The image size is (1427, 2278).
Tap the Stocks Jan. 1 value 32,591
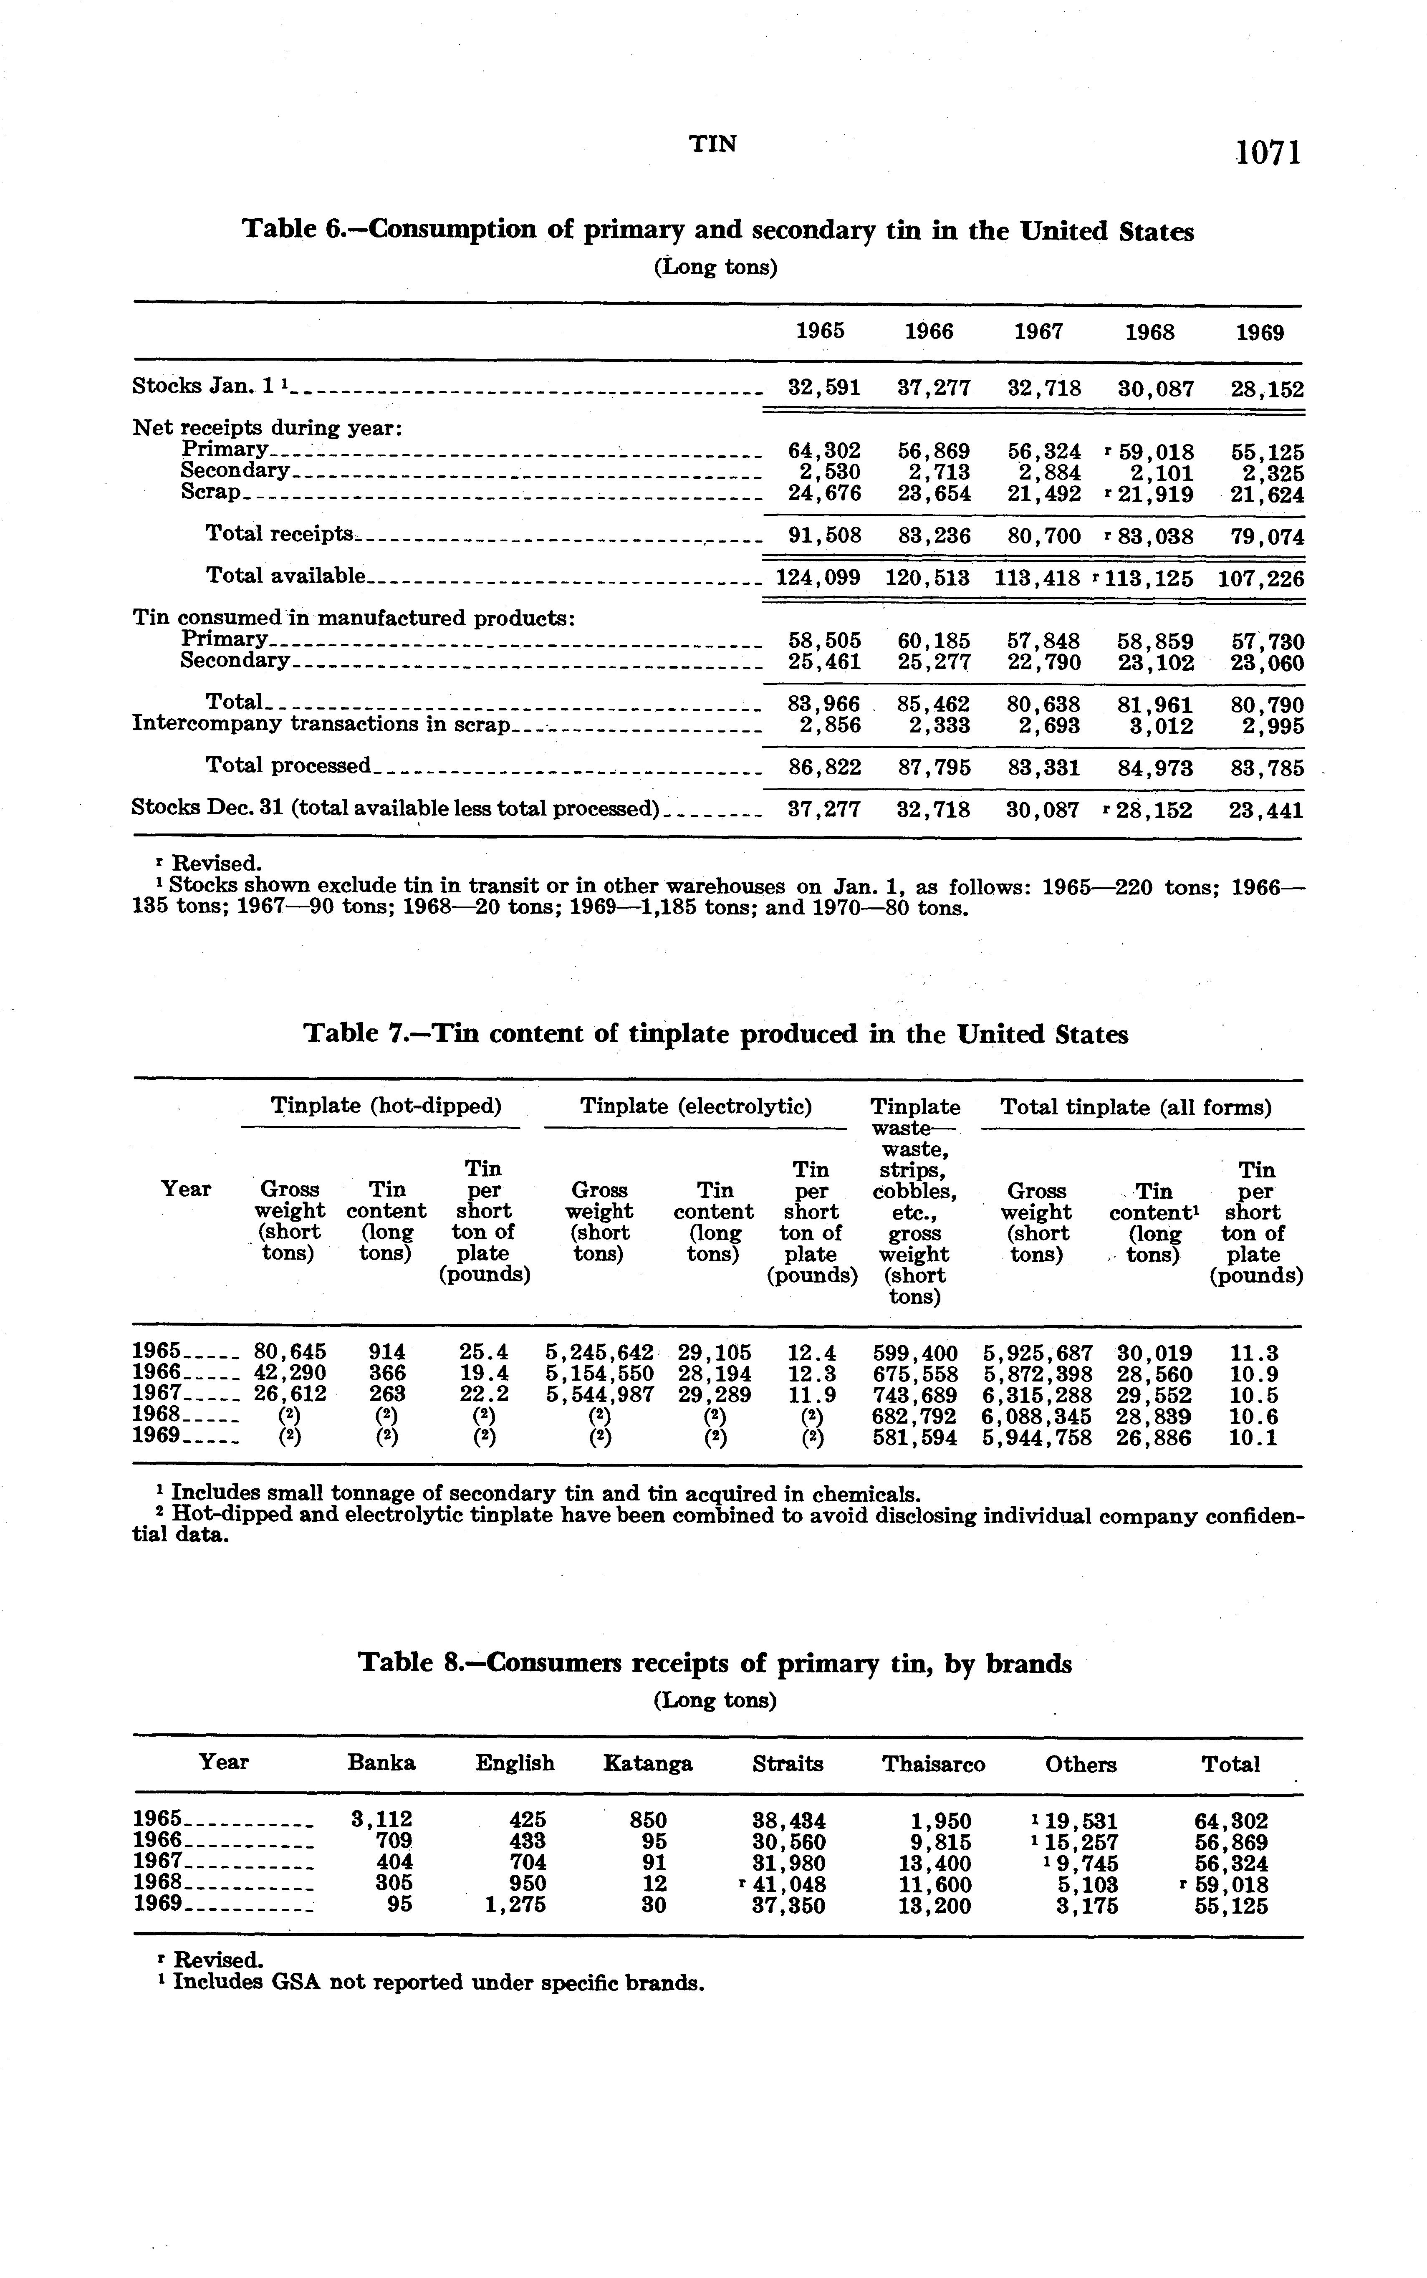click(824, 388)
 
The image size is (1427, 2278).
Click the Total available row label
click(285, 576)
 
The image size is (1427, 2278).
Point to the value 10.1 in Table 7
click(1255, 1438)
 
